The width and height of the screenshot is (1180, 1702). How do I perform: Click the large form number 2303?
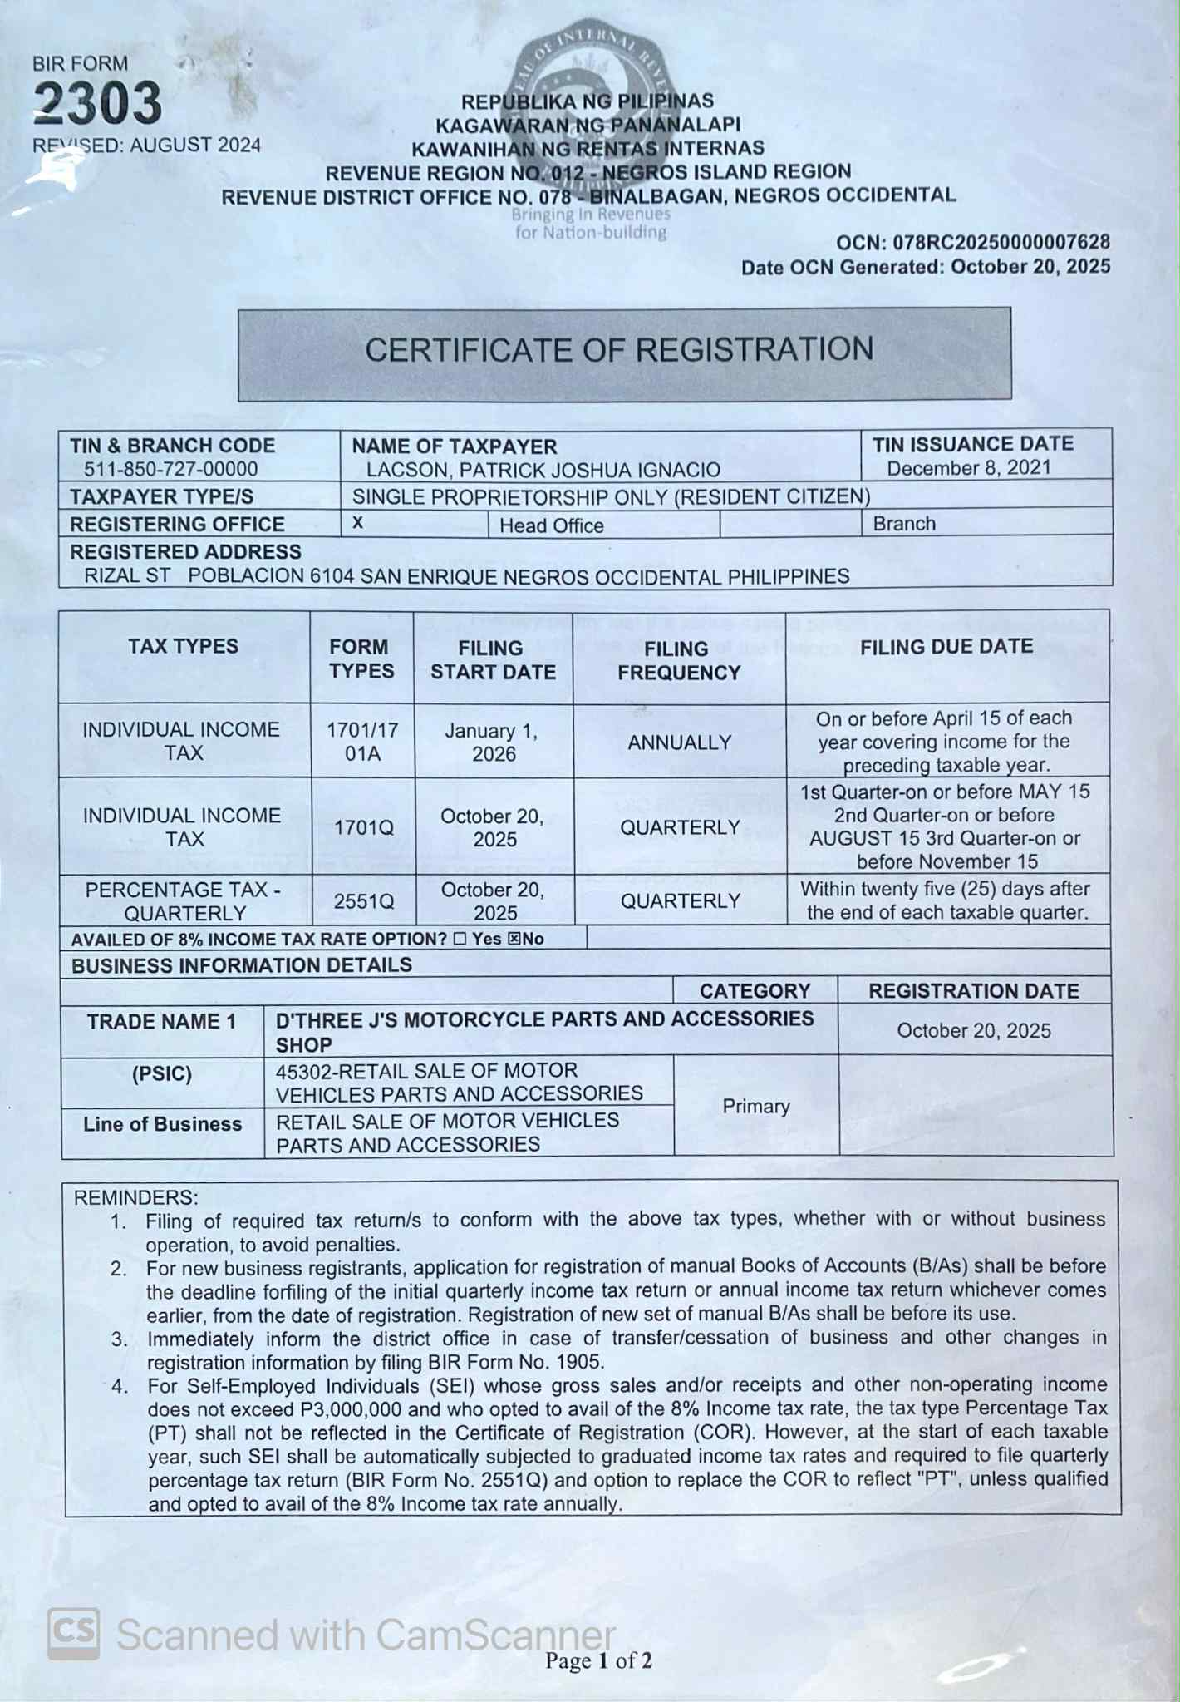(x=97, y=104)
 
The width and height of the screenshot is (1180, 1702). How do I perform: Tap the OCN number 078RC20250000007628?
(x=1001, y=242)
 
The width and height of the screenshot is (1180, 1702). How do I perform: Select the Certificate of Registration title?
(x=620, y=350)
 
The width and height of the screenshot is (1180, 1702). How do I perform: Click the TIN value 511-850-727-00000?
(x=170, y=469)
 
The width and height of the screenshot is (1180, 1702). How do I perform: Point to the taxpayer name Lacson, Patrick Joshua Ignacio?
(x=543, y=470)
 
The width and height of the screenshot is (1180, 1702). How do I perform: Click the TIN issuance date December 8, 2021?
(x=968, y=468)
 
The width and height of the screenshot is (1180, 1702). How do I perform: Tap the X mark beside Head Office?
(x=358, y=523)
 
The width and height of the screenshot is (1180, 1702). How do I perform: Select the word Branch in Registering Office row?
(x=904, y=524)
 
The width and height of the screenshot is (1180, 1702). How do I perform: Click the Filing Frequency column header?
(x=678, y=660)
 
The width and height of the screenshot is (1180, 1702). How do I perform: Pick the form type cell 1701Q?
(x=363, y=828)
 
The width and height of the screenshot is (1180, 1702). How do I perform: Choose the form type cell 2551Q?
(x=363, y=901)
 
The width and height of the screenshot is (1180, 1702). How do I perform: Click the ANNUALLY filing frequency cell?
(x=679, y=742)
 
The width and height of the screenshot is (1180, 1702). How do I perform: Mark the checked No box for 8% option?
(x=514, y=939)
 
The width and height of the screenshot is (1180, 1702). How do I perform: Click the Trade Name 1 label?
(x=161, y=1022)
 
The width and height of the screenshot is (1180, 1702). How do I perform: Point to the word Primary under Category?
(x=755, y=1106)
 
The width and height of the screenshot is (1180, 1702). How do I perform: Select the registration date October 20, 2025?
(x=974, y=1031)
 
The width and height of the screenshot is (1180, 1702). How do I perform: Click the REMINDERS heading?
(x=135, y=1197)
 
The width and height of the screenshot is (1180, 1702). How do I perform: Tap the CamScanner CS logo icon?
(x=74, y=1632)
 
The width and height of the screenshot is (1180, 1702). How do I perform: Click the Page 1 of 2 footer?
(x=598, y=1660)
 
